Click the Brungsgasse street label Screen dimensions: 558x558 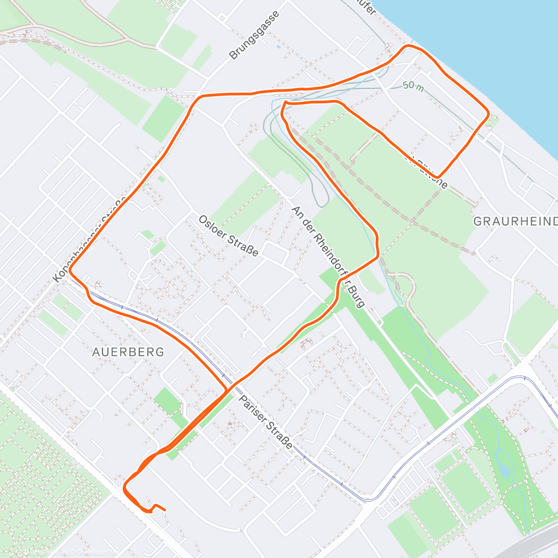click(x=255, y=35)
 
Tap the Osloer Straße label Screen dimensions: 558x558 click(x=228, y=236)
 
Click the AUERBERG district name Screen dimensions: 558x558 click(x=128, y=352)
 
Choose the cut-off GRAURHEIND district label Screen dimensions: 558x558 click(x=515, y=221)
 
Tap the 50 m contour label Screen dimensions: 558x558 click(x=413, y=86)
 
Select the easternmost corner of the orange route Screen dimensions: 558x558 click(x=488, y=113)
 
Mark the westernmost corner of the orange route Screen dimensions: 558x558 click(x=70, y=270)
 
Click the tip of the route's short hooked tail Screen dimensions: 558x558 click(x=165, y=509)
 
